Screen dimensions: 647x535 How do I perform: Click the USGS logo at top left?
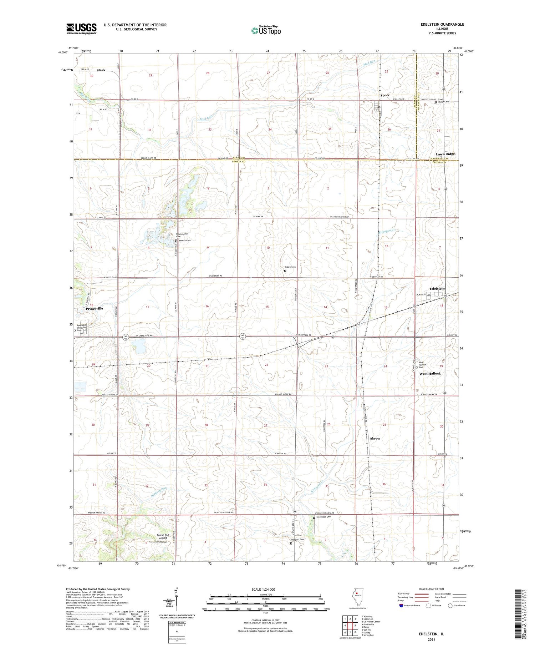coord(81,29)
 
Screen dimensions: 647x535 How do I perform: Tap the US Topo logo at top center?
coord(266,30)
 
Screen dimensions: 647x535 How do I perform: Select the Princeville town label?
coord(94,308)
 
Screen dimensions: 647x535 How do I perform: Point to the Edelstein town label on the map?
coord(437,288)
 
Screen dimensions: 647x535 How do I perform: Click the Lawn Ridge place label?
coord(445,154)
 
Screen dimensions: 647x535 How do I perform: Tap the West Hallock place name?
coord(430,373)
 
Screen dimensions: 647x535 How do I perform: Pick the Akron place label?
coord(374,438)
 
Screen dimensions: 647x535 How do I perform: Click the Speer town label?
coord(384,95)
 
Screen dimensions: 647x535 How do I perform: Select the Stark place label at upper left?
coord(101,70)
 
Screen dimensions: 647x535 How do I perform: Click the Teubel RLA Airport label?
coord(157,536)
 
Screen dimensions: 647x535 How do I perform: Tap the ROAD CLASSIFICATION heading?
coord(431,589)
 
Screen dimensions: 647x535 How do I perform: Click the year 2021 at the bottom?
coord(431,640)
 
